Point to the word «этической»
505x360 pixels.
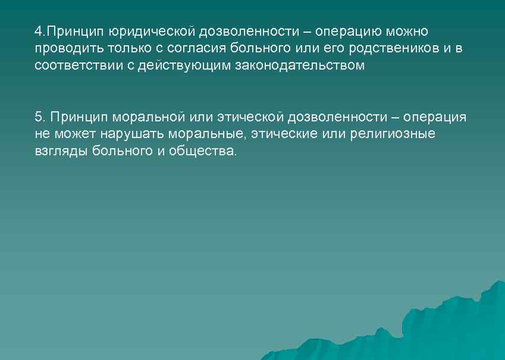pyautogui.click(x=246, y=117)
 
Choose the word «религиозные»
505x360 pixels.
pyautogui.click(x=393, y=134)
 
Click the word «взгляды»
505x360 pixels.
pyautogui.click(x=61, y=151)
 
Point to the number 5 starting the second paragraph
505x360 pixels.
pyautogui.click(x=38, y=117)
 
